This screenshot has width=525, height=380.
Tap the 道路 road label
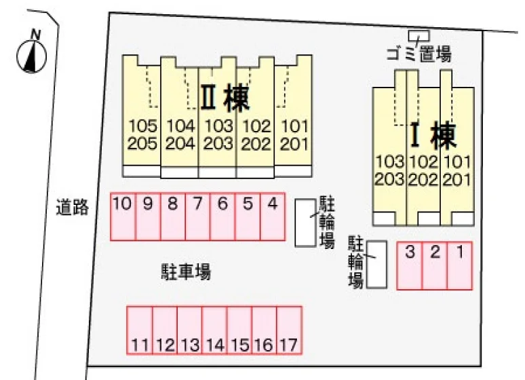click(73, 207)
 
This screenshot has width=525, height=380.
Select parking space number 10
click(123, 216)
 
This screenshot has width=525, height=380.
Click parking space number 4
click(273, 216)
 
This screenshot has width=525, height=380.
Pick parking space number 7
click(197, 216)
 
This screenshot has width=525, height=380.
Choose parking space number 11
click(140, 330)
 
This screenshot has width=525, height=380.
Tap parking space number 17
click(289, 330)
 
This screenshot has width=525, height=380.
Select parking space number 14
click(214, 330)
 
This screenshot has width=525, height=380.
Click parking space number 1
click(460, 265)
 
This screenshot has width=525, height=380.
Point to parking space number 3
click(410, 265)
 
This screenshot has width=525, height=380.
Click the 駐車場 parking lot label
click(186, 271)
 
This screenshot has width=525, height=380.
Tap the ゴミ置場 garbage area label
click(419, 54)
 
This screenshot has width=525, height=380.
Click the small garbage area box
click(419, 35)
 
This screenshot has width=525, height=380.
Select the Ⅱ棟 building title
click(225, 98)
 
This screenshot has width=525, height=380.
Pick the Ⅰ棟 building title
click(433, 135)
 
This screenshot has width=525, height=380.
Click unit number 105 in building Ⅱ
click(142, 126)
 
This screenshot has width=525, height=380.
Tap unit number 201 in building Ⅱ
click(294, 144)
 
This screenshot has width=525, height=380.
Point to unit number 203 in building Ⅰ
click(389, 179)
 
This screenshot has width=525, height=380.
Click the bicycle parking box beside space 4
click(305, 223)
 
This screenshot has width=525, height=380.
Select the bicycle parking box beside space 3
click(376, 265)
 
